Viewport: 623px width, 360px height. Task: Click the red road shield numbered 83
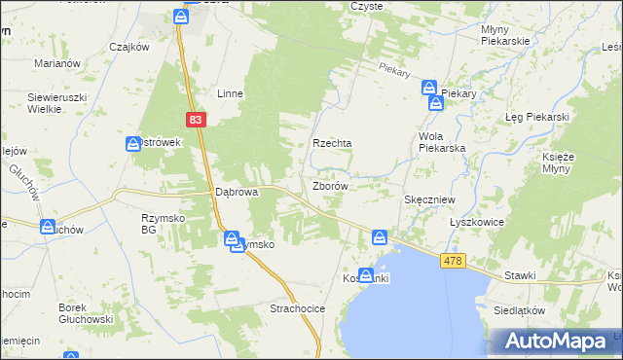[197, 119]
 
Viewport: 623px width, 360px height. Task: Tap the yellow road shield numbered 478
[452, 261]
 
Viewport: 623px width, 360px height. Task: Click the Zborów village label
[331, 185]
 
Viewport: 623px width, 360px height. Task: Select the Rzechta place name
[331, 143]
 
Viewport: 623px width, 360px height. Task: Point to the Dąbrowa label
[237, 193]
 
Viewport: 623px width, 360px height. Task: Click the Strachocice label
[297, 308]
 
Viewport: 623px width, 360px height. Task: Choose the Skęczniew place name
[429, 198]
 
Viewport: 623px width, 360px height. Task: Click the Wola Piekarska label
[442, 142]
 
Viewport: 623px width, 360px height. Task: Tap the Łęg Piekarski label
[536, 117]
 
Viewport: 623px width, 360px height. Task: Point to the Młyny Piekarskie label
[504, 35]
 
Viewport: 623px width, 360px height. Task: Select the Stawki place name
[520, 275]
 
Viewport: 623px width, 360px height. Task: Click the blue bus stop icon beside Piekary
[430, 88]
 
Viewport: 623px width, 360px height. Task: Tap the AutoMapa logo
[559, 341]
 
